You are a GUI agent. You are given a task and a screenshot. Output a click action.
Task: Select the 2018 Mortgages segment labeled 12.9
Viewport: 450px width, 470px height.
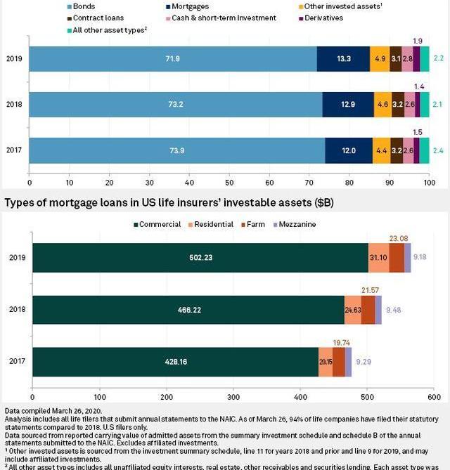click(348, 104)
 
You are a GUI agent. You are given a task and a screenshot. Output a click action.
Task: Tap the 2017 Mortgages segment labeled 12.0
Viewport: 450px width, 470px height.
click(349, 150)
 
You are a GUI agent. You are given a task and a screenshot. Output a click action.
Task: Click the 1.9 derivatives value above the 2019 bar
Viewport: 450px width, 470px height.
click(418, 41)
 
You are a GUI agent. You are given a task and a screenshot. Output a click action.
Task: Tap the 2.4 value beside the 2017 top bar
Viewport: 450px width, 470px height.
click(438, 150)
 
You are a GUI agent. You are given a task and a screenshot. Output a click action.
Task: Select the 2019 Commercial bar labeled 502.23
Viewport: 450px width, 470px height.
click(200, 257)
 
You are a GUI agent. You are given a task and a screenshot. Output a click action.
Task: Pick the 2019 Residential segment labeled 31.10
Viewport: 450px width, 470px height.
click(379, 257)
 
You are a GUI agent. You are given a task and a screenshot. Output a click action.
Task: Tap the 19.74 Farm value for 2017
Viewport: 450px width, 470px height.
click(340, 342)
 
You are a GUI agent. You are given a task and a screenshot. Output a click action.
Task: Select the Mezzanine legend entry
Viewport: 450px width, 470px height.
click(296, 225)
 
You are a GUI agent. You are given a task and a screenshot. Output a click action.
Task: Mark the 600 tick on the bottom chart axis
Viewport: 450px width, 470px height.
click(434, 396)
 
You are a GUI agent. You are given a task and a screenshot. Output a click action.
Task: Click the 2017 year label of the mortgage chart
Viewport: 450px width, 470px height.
click(17, 362)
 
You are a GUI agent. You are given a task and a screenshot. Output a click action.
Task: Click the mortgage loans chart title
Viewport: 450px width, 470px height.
click(169, 203)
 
